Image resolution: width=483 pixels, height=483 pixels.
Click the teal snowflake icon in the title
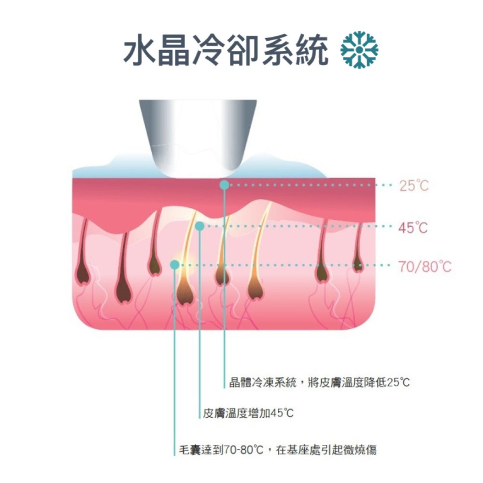coord(359,50)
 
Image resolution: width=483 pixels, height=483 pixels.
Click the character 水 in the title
coord(140,50)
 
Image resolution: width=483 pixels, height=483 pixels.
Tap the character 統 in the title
coord(311,50)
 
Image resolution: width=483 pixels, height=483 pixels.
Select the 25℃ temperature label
coord(414,186)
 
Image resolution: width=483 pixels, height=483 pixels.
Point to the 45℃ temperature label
coord(413,227)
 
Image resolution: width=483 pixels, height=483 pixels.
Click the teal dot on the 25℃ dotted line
coord(224,185)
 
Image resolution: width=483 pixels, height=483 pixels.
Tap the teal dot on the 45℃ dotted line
coord(200,226)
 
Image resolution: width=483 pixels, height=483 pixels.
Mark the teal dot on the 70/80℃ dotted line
coord(175,265)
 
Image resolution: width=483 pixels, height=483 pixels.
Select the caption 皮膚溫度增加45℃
coord(248,413)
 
